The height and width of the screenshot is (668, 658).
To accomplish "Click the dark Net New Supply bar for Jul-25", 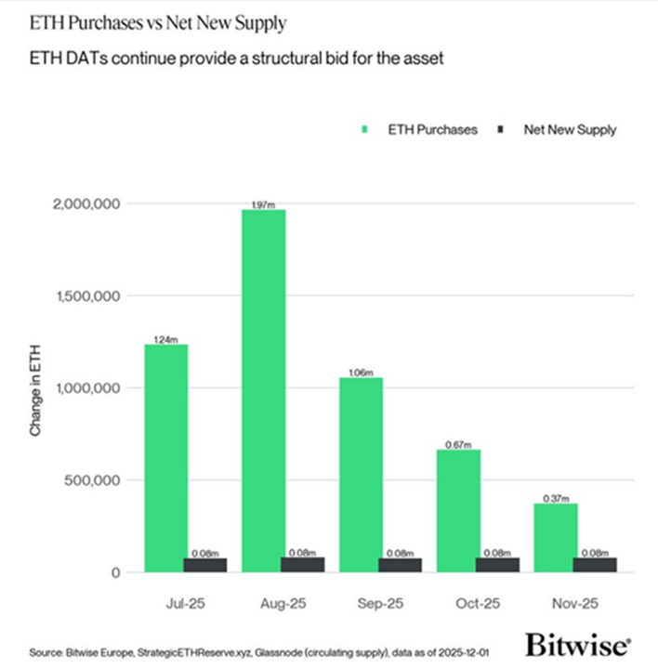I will pyautogui.click(x=204, y=565).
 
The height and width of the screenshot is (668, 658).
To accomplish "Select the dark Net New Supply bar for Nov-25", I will pyautogui.click(x=595, y=565).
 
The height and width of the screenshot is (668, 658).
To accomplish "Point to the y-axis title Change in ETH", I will pyautogui.click(x=35, y=387).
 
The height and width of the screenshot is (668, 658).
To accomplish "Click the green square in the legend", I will pyautogui.click(x=367, y=130).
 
